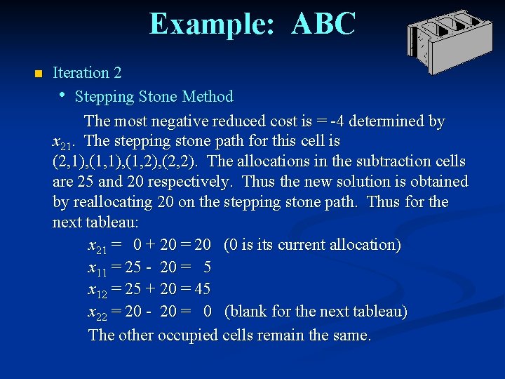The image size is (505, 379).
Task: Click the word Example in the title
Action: [207, 24]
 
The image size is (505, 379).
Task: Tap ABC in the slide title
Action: [323, 24]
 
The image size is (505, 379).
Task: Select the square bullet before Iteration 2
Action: [38, 74]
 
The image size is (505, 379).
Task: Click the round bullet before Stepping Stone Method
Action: [63, 95]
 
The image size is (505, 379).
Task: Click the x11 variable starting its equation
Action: [97, 268]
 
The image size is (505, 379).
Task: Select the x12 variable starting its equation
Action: [97, 290]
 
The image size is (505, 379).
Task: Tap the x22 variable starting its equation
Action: [97, 312]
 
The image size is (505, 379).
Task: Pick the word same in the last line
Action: [351, 335]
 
